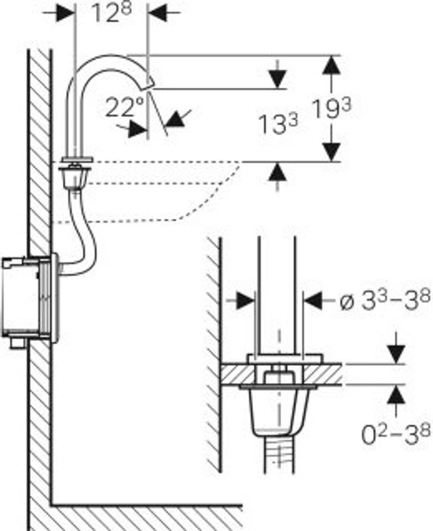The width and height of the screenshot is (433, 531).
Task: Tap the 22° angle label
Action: click(x=124, y=108)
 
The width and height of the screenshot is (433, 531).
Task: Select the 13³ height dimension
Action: click(x=278, y=124)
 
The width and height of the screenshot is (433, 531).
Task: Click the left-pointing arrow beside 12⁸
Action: click(x=158, y=13)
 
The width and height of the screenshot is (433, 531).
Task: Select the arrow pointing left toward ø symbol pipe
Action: click(x=314, y=301)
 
